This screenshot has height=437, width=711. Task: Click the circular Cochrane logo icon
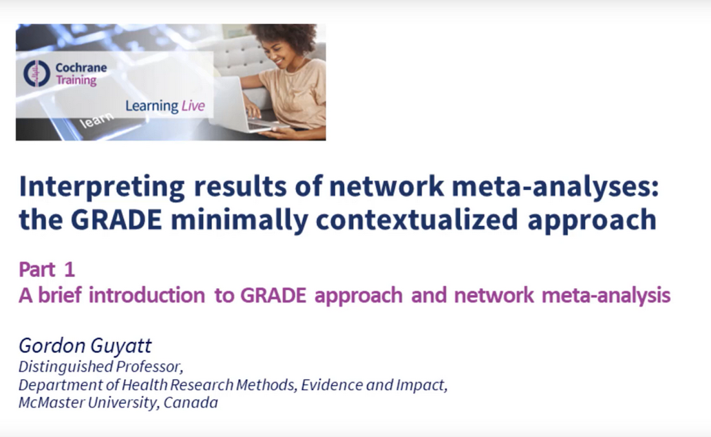(36, 73)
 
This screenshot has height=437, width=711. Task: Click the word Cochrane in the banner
(81, 68)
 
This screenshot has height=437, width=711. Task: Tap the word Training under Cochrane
(76, 81)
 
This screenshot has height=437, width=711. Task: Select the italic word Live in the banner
(193, 106)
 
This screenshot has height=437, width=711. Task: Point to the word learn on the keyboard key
(96, 121)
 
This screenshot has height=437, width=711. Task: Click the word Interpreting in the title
(102, 187)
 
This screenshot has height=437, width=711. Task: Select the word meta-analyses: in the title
(555, 186)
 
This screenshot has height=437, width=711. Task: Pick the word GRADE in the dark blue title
(116, 220)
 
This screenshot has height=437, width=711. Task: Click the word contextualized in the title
(416, 220)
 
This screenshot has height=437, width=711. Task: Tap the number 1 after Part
(70, 270)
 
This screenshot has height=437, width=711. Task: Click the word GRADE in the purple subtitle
(273, 295)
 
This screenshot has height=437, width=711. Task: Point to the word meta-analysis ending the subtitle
(606, 296)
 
